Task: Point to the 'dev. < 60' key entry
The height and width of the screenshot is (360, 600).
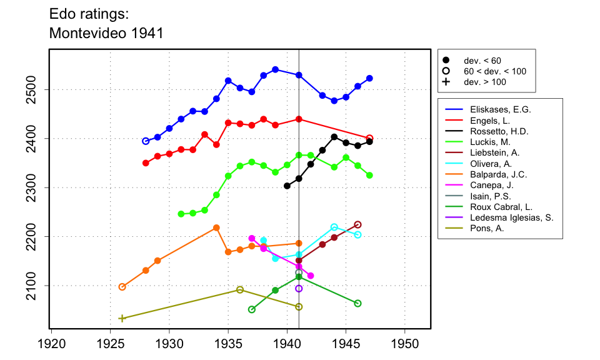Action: (482, 61)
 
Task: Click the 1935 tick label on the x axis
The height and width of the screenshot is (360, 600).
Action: (228, 344)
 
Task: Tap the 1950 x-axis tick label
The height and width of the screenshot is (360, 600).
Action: (405, 344)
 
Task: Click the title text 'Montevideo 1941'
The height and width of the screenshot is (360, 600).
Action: (106, 33)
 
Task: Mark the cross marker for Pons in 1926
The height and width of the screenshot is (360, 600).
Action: (122, 318)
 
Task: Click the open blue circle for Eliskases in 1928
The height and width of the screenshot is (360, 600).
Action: (146, 141)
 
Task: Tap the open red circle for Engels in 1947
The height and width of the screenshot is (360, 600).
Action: (369, 138)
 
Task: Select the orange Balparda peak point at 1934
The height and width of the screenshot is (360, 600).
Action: (216, 227)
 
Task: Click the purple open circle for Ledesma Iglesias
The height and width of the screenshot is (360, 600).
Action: (299, 288)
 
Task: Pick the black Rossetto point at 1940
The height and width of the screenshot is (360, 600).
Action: (287, 186)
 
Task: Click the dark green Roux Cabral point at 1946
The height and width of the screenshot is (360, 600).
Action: (357, 303)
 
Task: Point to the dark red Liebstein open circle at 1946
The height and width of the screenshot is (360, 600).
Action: (357, 224)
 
